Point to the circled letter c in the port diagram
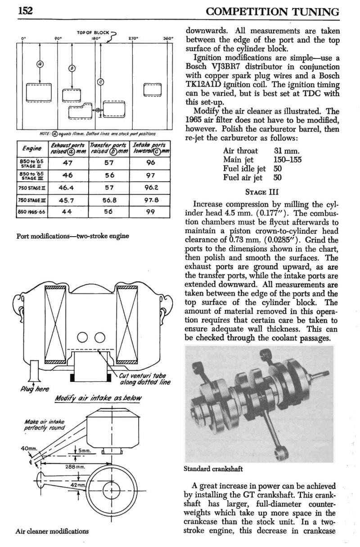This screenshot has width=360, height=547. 101,82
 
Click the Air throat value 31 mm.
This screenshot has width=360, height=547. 287,151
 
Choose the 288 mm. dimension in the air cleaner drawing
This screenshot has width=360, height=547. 72,466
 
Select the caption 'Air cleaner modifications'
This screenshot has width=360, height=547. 52,531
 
